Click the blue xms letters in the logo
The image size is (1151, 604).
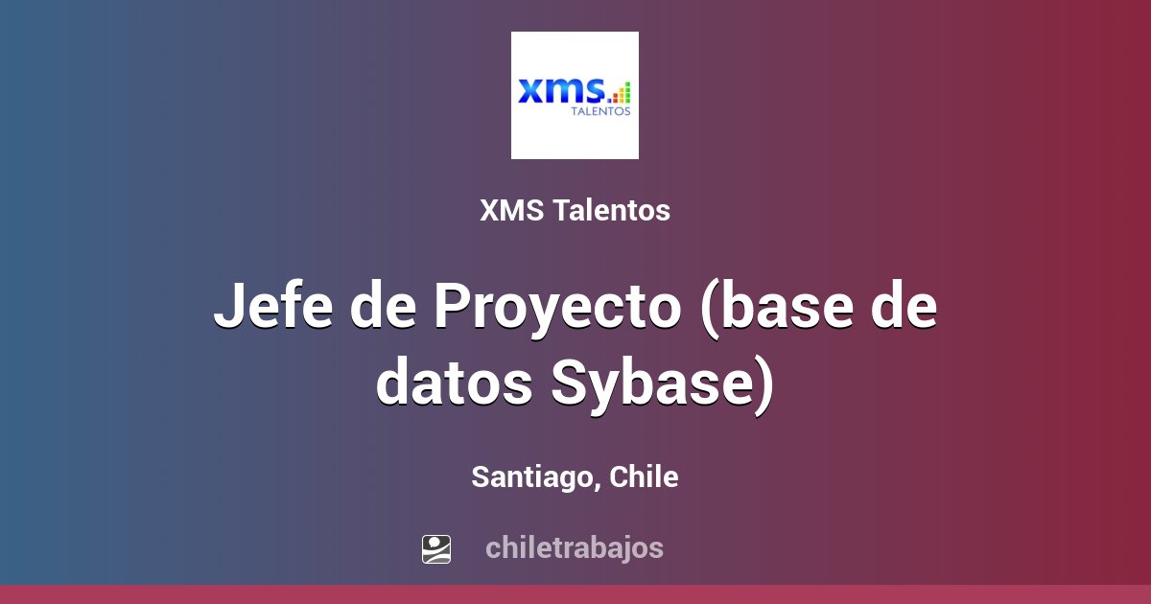561,90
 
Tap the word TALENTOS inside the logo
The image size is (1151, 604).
601,111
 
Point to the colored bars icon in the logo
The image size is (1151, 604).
622,92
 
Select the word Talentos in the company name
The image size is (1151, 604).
612,211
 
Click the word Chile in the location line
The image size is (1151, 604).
644,476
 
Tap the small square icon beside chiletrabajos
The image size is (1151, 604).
436,548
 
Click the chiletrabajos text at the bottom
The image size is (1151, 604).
574,548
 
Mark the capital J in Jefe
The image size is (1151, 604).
227,307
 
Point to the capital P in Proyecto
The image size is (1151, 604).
452,307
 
